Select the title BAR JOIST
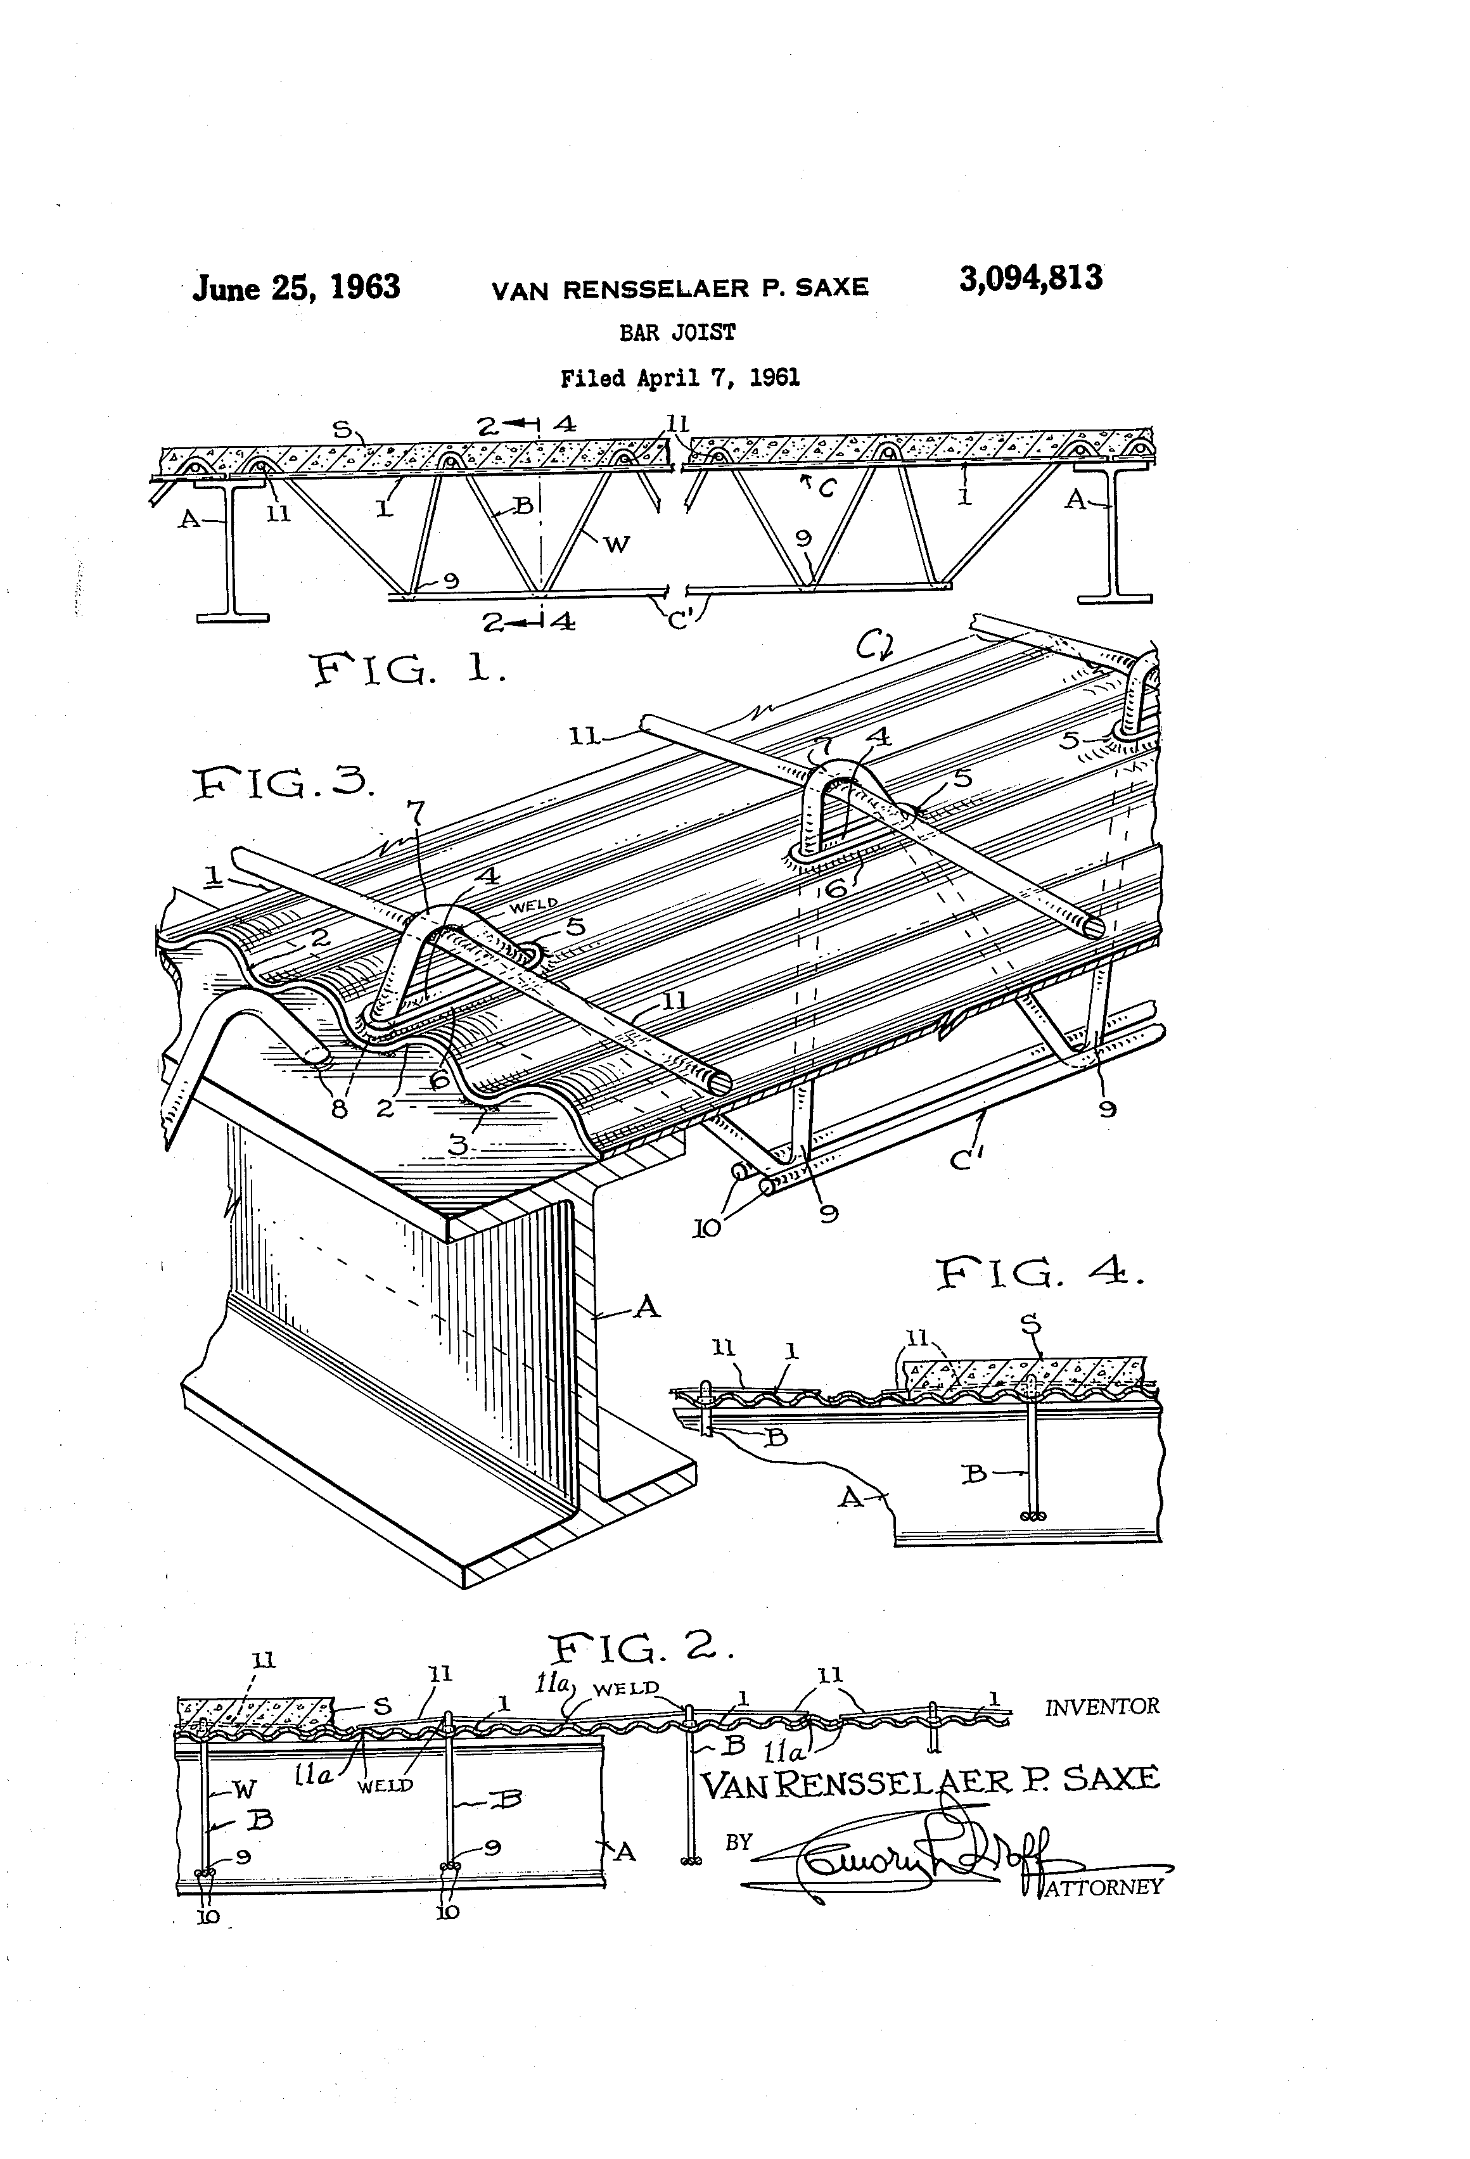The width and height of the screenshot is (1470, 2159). coord(677,333)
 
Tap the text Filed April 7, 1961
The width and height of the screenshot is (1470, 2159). coord(679,378)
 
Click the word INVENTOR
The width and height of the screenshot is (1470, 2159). coord(1102,1707)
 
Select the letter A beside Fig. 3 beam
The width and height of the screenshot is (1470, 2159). coord(647,1309)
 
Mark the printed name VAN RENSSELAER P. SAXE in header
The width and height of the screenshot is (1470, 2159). coord(679,289)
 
